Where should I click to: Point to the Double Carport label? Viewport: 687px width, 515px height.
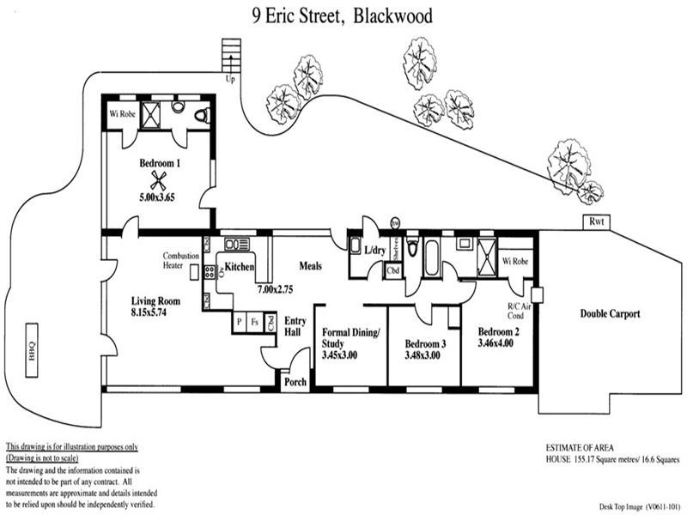click(610, 314)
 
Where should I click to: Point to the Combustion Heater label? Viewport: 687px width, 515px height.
click(181, 261)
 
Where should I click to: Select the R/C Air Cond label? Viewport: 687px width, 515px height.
click(520, 310)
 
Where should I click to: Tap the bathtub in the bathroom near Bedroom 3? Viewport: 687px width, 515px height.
click(432, 258)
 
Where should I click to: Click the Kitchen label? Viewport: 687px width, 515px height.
click(240, 268)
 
